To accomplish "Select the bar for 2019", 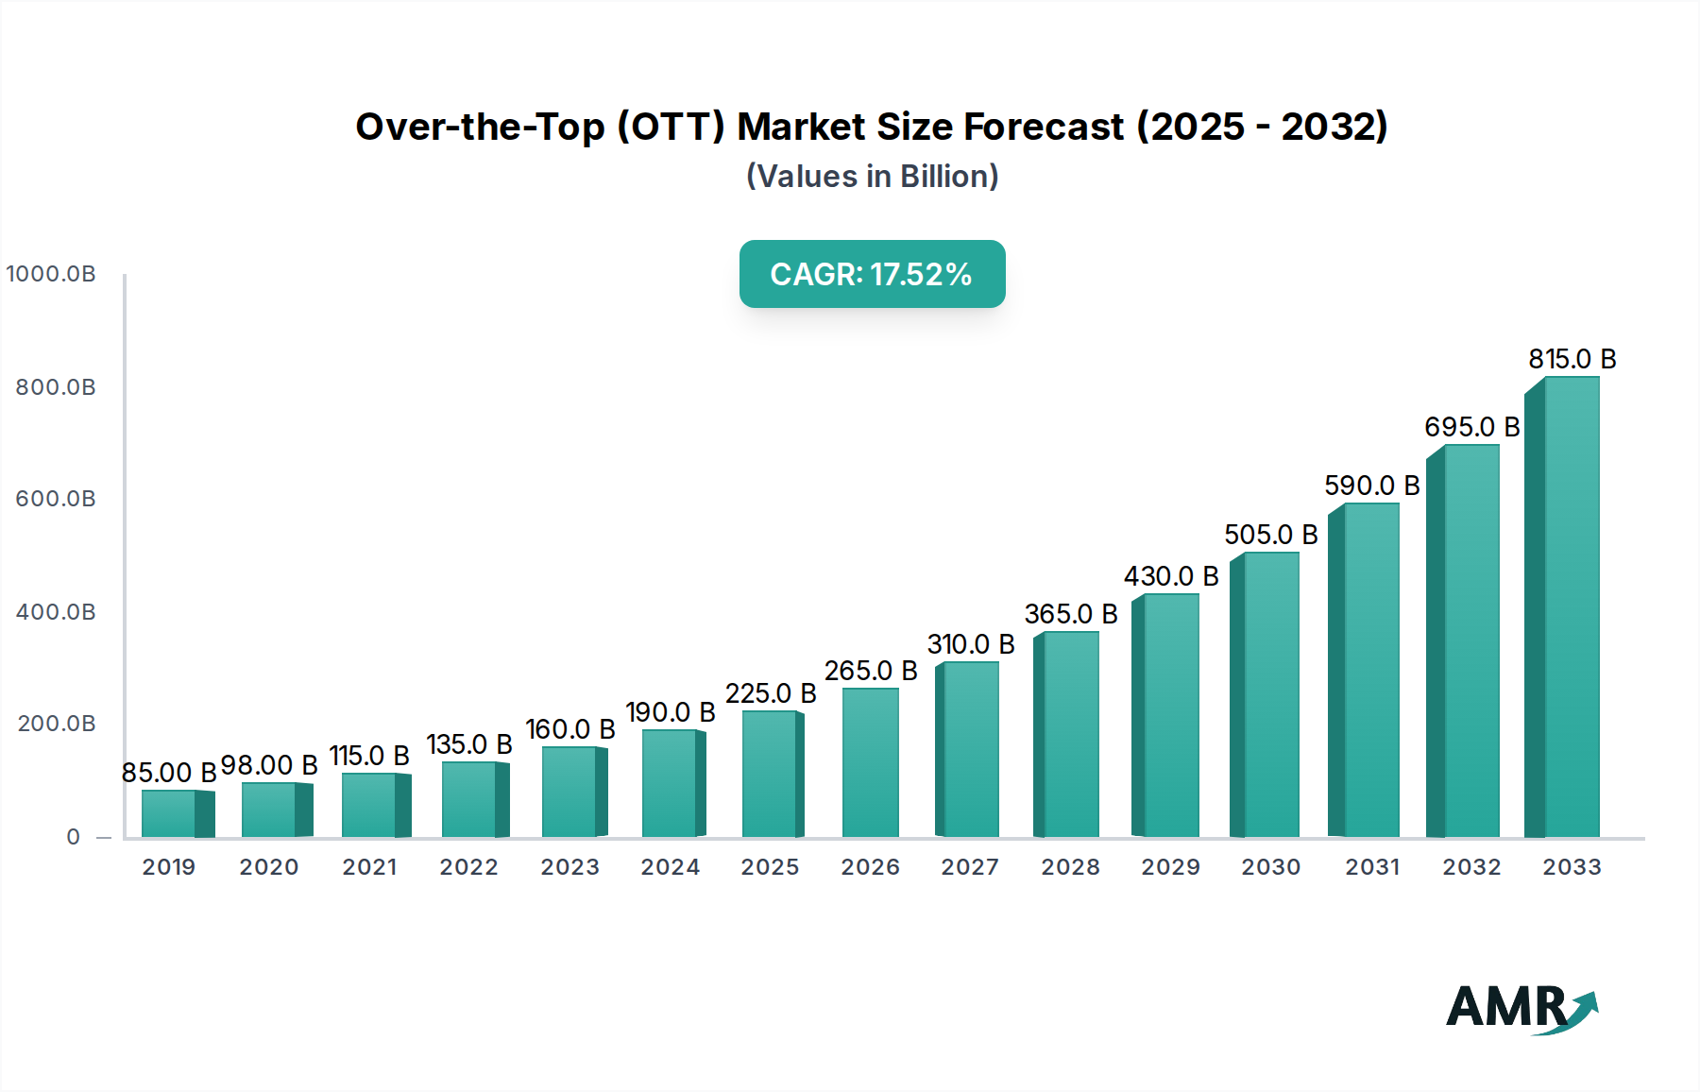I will click(x=176, y=814).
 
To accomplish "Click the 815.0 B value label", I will click(x=1572, y=359).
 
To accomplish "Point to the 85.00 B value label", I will click(x=169, y=773).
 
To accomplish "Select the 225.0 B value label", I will click(x=771, y=693).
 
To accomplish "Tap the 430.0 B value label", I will click(x=1171, y=576).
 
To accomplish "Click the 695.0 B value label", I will click(x=1471, y=427).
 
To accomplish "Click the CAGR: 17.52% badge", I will click(x=872, y=274).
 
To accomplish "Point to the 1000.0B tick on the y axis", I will click(x=51, y=274).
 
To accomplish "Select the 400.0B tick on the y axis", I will click(x=56, y=612).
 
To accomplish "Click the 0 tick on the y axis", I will click(x=73, y=837).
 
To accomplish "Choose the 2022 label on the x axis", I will click(x=468, y=867).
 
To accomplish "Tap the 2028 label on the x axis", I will click(x=1070, y=867).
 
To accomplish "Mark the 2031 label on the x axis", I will click(x=1372, y=867).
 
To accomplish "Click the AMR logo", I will click(x=1521, y=1008).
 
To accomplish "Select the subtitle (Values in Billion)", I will click(x=872, y=177).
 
